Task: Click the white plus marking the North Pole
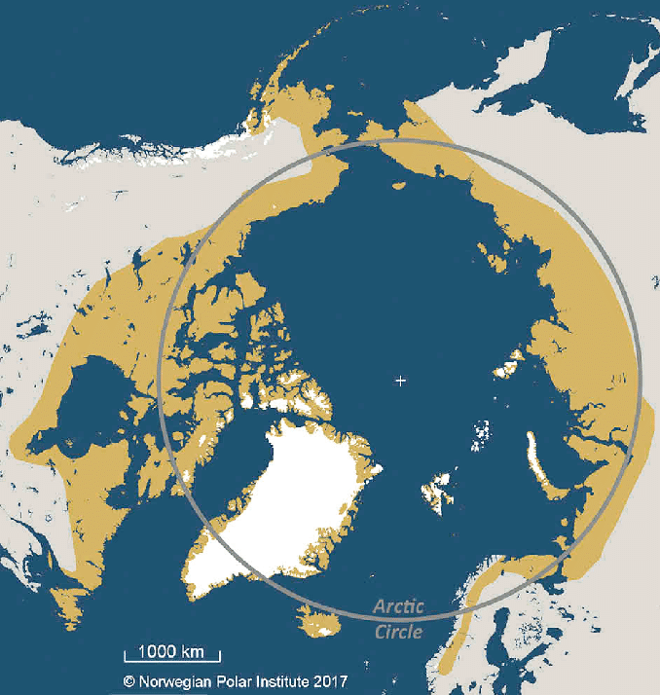tap(400, 381)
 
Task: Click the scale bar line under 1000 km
tap(172, 660)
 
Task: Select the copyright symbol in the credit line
tap(128, 682)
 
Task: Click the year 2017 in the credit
tap(328, 682)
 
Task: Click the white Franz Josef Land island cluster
tap(480, 433)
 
